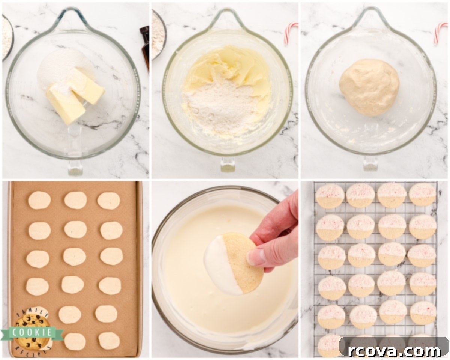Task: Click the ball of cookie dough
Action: pyautogui.click(x=369, y=87)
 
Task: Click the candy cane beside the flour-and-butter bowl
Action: pyautogui.click(x=291, y=32)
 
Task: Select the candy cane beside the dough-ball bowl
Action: pyautogui.click(x=440, y=33)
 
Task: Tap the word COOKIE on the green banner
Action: pyautogui.click(x=32, y=332)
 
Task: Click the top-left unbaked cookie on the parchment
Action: pyautogui.click(x=39, y=200)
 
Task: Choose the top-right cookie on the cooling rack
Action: pyautogui.click(x=422, y=195)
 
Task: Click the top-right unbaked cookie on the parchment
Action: pyautogui.click(x=108, y=201)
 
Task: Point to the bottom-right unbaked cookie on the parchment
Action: pyautogui.click(x=109, y=341)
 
